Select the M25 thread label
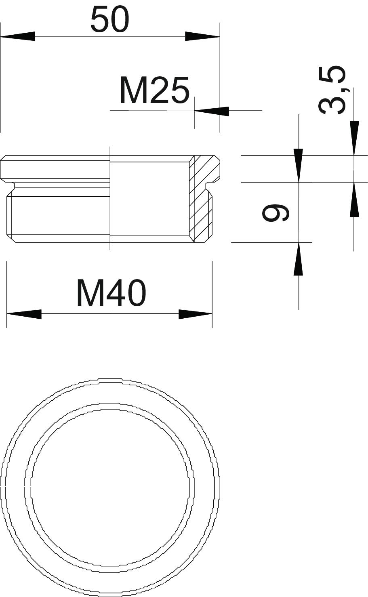[x=155, y=91]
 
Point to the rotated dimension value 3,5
[x=332, y=91]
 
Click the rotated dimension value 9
[x=275, y=212]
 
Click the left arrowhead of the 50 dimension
[x=18, y=36]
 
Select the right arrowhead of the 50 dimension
[x=202, y=36]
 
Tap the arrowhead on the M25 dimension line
[x=212, y=111]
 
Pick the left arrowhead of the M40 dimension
[x=24, y=314]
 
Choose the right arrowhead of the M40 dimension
[x=196, y=314]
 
